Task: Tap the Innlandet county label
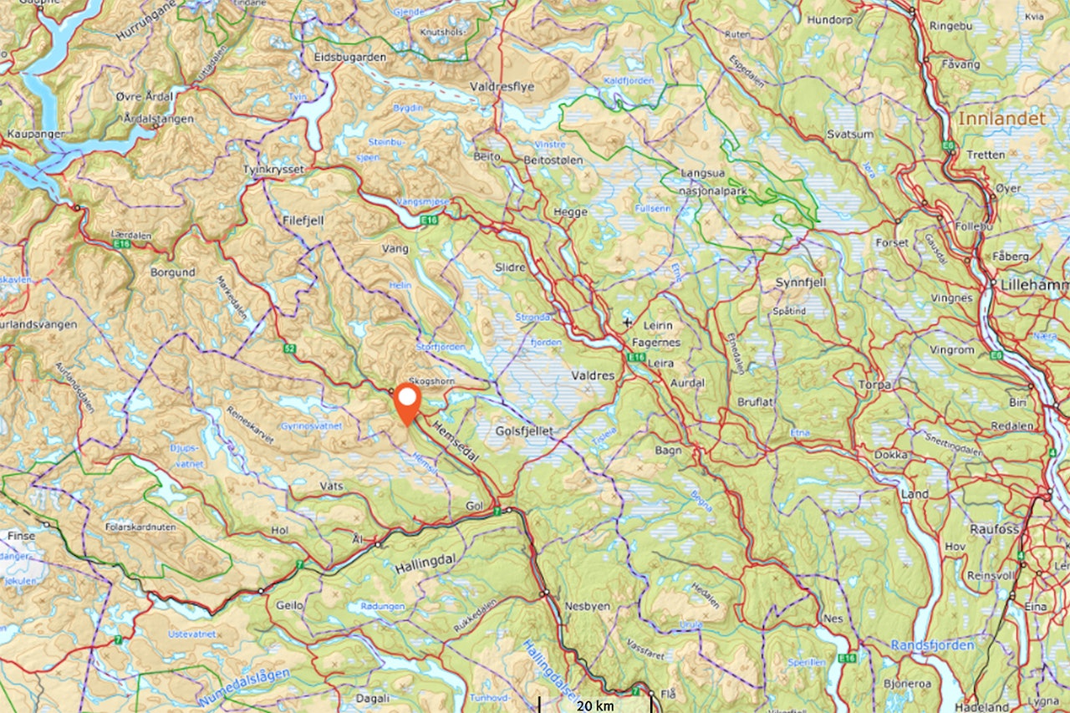[x=1001, y=119]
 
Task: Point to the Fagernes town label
[x=656, y=343]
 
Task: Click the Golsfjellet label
[x=525, y=430]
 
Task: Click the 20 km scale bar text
[x=594, y=705]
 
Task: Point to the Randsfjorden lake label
[x=932, y=645]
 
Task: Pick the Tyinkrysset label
[x=271, y=169]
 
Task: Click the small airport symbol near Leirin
[x=628, y=321]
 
